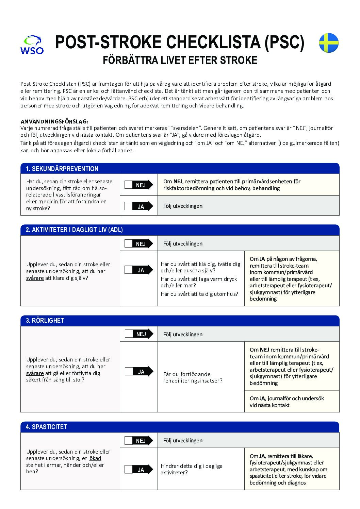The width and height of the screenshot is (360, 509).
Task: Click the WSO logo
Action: tap(32, 45)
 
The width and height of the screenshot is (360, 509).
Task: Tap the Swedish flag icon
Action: tap(328, 43)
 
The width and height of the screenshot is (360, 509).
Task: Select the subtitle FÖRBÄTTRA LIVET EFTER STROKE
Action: tap(180, 61)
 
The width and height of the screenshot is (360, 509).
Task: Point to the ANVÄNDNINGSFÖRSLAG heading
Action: tap(54, 121)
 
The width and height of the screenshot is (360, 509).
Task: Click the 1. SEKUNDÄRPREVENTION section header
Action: tap(62, 169)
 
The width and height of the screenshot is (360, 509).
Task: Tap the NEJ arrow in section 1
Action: tap(139, 185)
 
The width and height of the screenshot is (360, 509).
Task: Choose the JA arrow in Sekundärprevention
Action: tap(139, 206)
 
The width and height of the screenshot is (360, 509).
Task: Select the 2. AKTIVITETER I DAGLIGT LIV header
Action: tap(74, 230)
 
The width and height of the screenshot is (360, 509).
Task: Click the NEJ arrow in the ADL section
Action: tap(139, 244)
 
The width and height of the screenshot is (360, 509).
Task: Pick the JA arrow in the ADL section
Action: tap(139, 270)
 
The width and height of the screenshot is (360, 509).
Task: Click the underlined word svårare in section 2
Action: tap(35, 278)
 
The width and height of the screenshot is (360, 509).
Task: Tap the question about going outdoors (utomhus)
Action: tap(199, 294)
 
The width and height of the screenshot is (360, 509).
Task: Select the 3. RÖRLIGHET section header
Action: tap(45, 320)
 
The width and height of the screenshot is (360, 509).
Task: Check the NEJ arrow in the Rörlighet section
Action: tap(139, 334)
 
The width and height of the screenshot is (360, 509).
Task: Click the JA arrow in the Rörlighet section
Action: tap(139, 372)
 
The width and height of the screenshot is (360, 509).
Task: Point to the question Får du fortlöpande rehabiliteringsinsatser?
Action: tap(193, 377)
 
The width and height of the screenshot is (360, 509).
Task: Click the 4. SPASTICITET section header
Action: tap(47, 427)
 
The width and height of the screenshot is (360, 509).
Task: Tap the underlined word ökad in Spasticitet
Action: tap(95, 458)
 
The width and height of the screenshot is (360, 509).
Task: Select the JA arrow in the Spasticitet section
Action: tap(139, 470)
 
